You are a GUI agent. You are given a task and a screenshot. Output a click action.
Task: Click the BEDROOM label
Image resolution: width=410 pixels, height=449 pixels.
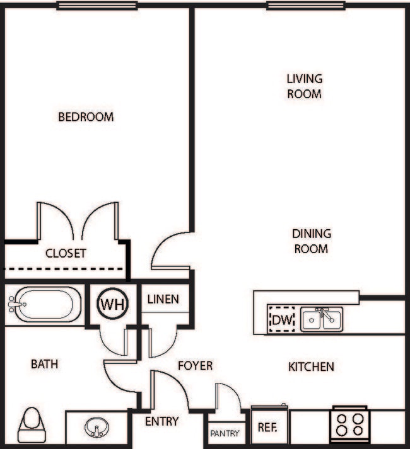pos(86,117)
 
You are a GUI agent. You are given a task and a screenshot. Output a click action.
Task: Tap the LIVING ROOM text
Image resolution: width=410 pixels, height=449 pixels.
pos(304,86)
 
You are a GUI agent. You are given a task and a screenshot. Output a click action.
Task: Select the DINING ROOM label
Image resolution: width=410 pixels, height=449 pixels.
pos(311,241)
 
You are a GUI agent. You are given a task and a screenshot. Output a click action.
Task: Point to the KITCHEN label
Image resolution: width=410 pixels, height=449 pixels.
pos(311,367)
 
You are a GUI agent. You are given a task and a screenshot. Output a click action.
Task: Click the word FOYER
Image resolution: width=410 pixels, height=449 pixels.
pos(195,365)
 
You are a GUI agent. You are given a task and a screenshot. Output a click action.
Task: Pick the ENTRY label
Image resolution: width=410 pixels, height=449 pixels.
pos(162,421)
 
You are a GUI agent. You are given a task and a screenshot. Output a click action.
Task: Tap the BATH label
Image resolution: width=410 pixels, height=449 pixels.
pos(45,364)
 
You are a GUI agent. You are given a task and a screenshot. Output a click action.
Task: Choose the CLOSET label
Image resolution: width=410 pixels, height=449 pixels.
pos(66,254)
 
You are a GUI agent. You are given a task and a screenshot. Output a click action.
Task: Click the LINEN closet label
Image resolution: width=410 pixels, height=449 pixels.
pos(163,300)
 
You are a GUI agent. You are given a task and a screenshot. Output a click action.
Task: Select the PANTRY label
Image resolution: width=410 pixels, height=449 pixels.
pos(225,434)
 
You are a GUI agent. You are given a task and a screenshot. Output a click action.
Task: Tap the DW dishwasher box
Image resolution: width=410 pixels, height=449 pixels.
pos(282,320)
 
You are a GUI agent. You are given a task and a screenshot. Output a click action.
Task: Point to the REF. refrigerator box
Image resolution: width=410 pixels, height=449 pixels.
pos(269,426)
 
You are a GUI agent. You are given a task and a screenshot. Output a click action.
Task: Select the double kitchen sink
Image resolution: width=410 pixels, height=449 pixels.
pos(322,319)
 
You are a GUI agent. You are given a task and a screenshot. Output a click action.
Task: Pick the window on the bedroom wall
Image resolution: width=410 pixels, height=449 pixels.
pos(97,6)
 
